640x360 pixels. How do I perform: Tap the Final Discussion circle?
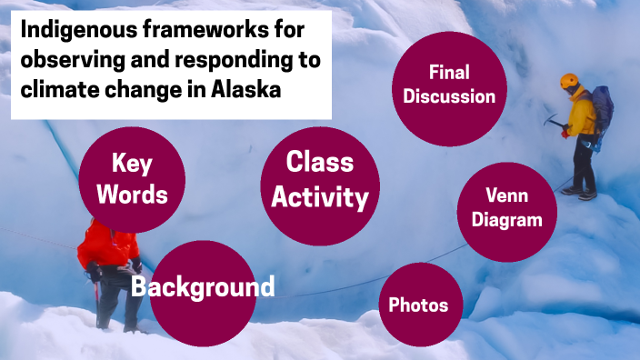(449, 84)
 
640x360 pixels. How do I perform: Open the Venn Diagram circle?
(506, 208)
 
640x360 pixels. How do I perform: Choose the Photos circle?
(418, 305)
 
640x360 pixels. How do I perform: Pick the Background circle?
(202, 288)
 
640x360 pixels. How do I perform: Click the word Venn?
(506, 196)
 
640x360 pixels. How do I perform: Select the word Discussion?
(449, 95)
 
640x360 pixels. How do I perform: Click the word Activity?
(319, 196)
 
